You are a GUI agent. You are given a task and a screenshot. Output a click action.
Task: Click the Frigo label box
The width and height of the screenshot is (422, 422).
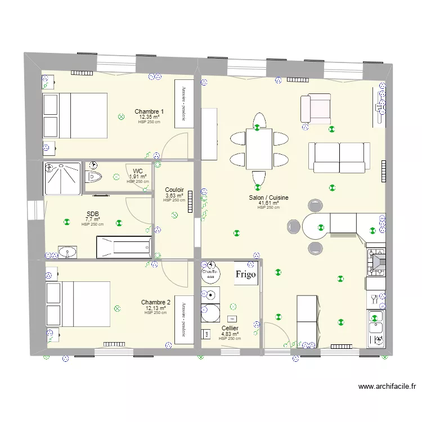pos(246,274)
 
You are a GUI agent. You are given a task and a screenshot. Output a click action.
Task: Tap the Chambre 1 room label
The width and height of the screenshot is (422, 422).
pos(149,111)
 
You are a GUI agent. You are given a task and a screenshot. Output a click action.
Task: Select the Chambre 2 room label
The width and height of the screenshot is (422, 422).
pos(155,302)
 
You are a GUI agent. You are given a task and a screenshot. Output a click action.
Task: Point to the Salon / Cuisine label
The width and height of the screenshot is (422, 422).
pos(269,197)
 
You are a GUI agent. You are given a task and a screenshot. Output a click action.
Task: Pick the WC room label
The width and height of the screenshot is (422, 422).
pos(138,171)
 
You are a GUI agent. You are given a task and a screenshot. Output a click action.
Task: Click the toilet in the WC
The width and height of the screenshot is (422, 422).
pos(93,177)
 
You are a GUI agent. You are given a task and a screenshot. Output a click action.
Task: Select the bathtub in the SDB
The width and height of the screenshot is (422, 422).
pos(124,247)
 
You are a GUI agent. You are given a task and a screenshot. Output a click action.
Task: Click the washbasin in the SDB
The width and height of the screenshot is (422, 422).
pos(69,251)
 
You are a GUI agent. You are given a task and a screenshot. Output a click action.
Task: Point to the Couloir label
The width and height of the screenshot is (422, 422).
pos(174,190)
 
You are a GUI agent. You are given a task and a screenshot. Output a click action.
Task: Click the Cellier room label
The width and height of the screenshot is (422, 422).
pos(230,328)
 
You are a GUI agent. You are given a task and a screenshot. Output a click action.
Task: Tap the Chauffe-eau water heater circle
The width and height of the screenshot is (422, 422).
pos(211,272)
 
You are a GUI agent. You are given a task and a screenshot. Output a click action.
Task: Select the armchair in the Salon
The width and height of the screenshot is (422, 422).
pos(315,109)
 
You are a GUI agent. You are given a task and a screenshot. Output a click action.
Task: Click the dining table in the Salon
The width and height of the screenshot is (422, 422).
pos(258,149)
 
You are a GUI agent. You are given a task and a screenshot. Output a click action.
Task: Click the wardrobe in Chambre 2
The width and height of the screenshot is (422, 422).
pos(183,319)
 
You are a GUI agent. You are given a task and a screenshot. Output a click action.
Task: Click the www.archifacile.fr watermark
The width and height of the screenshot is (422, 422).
pos(387,387)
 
